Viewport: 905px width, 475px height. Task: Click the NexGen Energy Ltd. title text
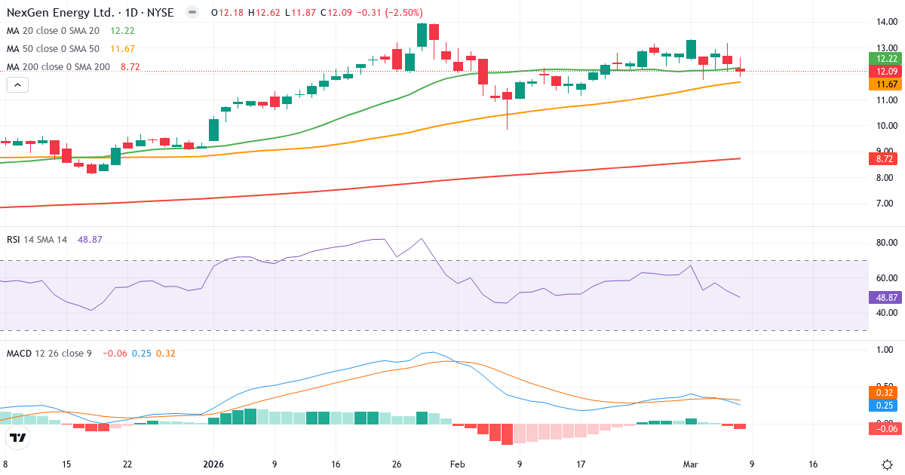coord(61,13)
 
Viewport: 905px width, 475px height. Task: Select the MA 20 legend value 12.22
coord(121,30)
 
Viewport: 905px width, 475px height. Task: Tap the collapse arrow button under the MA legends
coord(17,85)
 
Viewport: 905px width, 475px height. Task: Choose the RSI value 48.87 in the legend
coord(90,239)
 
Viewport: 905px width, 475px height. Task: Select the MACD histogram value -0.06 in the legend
coord(115,353)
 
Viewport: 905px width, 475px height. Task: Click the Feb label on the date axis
coord(456,464)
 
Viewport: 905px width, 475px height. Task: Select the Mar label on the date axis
coord(691,464)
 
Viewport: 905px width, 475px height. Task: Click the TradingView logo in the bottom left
coord(18,437)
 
